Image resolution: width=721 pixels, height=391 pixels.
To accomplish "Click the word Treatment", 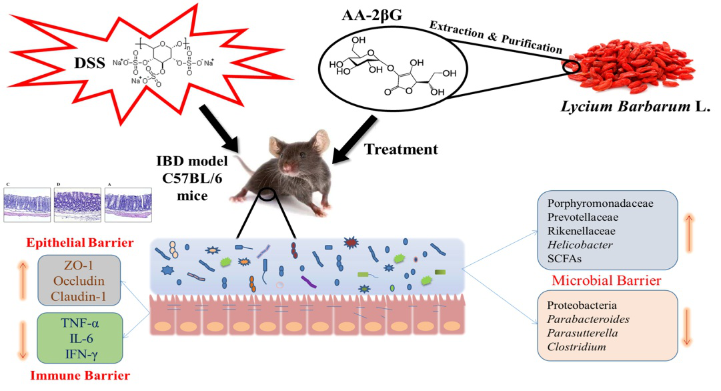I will point(401,149).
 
